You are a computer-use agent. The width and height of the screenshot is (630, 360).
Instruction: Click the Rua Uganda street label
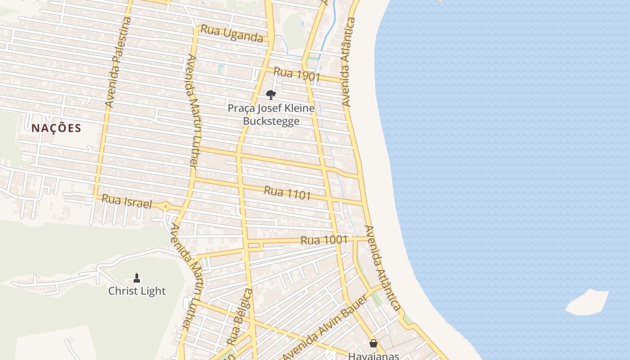[232, 33]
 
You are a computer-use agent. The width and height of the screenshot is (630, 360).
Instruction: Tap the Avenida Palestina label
[118, 62]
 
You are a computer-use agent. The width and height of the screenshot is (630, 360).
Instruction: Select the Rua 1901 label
[297, 74]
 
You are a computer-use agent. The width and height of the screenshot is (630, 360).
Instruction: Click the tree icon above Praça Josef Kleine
[270, 94]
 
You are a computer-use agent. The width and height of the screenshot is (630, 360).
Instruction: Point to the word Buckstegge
[271, 121]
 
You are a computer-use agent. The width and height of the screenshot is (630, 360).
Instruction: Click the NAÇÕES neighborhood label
[56, 128]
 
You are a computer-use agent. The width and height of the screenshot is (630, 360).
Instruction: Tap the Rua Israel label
[127, 201]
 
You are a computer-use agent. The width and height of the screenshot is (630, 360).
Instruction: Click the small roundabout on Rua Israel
[166, 207]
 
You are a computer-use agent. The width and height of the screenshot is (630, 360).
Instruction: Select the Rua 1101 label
[287, 192]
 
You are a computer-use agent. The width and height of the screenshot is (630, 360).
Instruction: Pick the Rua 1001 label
[324, 240]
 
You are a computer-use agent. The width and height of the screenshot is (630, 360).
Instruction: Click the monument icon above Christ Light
[137, 278]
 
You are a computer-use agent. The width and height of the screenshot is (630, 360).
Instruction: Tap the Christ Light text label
[137, 291]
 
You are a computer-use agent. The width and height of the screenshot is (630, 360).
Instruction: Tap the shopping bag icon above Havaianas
[373, 343]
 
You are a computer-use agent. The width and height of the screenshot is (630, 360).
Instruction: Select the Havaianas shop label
[373, 355]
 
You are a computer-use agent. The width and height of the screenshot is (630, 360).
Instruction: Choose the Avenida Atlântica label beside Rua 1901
[349, 62]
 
